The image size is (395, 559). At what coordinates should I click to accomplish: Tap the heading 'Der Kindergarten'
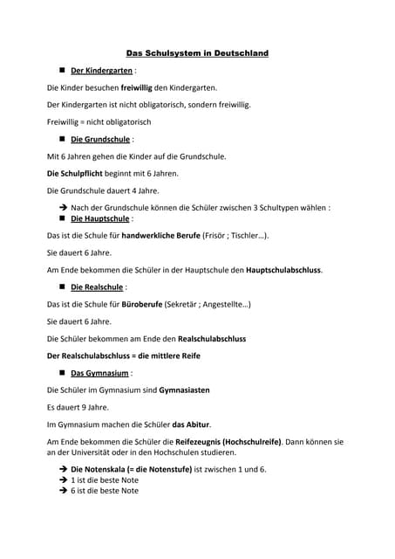(101, 71)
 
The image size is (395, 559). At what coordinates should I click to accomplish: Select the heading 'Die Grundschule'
(100, 139)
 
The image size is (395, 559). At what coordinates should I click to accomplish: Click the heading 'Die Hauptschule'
(100, 218)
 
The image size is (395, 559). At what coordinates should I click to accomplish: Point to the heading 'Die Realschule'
(98, 286)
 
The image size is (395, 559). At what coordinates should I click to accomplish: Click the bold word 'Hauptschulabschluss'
(284, 270)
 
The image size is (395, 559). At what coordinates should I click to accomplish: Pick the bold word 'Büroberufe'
(140, 304)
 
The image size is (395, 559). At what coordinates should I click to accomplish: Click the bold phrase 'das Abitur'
(191, 424)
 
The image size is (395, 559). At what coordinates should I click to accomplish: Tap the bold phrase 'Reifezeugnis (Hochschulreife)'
(228, 441)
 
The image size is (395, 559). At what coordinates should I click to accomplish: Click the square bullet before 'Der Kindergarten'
(63, 71)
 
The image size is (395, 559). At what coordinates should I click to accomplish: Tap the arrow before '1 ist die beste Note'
(63, 480)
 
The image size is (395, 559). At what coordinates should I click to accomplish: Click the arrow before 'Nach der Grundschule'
(63, 208)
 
